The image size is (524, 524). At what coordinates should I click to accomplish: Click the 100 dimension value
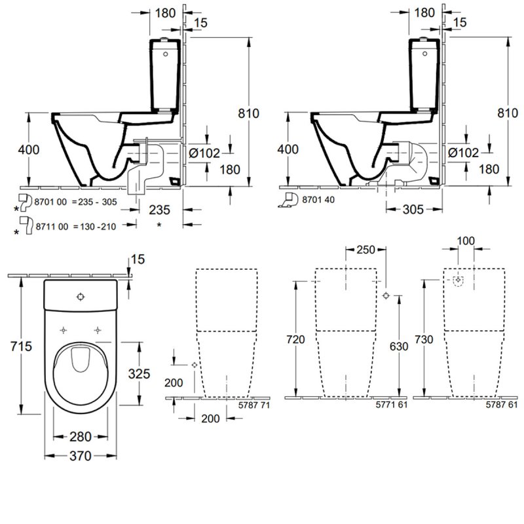click(x=466, y=242)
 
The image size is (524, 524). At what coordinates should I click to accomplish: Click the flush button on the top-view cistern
click(x=80, y=296)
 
